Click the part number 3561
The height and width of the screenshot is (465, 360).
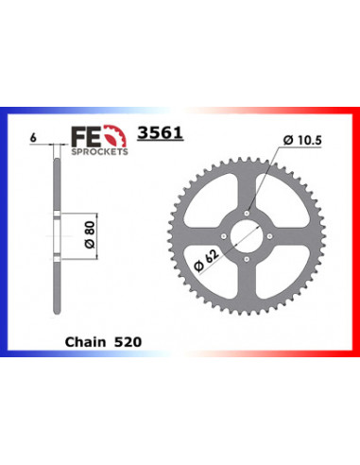click(160, 132)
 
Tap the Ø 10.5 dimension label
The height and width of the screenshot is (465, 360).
click(302, 140)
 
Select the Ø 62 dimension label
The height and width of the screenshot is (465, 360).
click(206, 261)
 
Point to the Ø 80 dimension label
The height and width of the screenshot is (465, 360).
click(90, 234)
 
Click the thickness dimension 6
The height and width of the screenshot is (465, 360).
click(33, 138)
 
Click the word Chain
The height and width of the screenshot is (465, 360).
click(85, 342)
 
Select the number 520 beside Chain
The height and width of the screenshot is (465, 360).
click(128, 342)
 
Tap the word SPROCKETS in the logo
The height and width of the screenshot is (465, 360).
click(99, 151)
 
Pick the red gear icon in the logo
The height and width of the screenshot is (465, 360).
click(115, 136)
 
